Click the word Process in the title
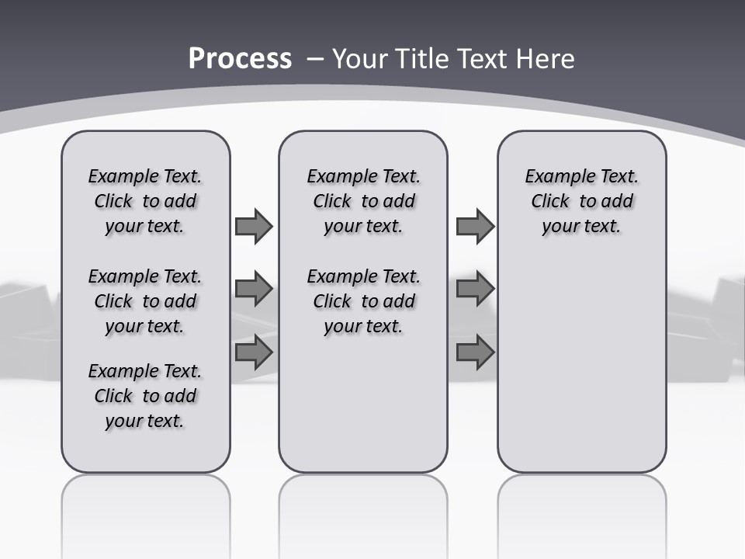(240, 59)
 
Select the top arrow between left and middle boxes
(253, 226)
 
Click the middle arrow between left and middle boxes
(253, 289)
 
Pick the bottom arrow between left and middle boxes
(253, 352)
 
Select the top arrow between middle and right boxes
(475, 226)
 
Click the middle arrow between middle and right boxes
(475, 289)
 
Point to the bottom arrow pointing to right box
(475, 352)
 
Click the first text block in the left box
(145, 201)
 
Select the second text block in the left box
(145, 301)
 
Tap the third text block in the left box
(145, 396)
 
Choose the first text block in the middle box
(363, 201)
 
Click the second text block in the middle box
(363, 301)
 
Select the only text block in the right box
(581, 201)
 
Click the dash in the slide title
(315, 59)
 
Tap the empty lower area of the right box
(581, 365)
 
